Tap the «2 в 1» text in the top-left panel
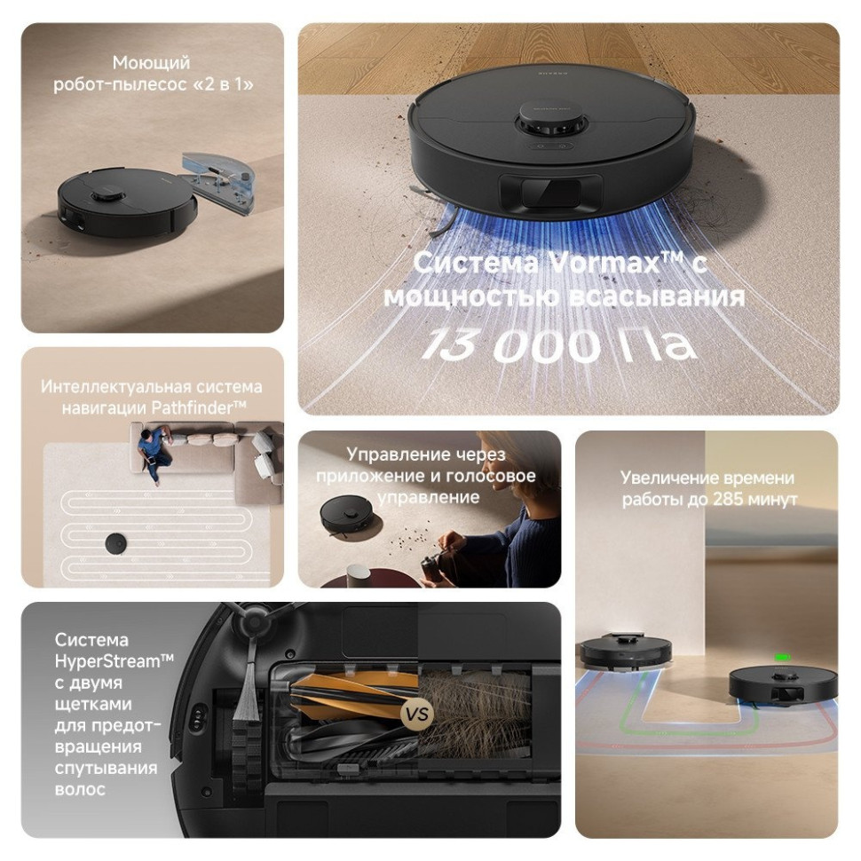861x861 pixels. pos(234,85)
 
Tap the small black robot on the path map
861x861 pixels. pos(115,543)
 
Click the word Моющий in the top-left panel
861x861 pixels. pos(152,63)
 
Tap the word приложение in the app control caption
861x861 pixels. pos(360,476)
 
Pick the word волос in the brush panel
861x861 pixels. pos(80,788)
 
